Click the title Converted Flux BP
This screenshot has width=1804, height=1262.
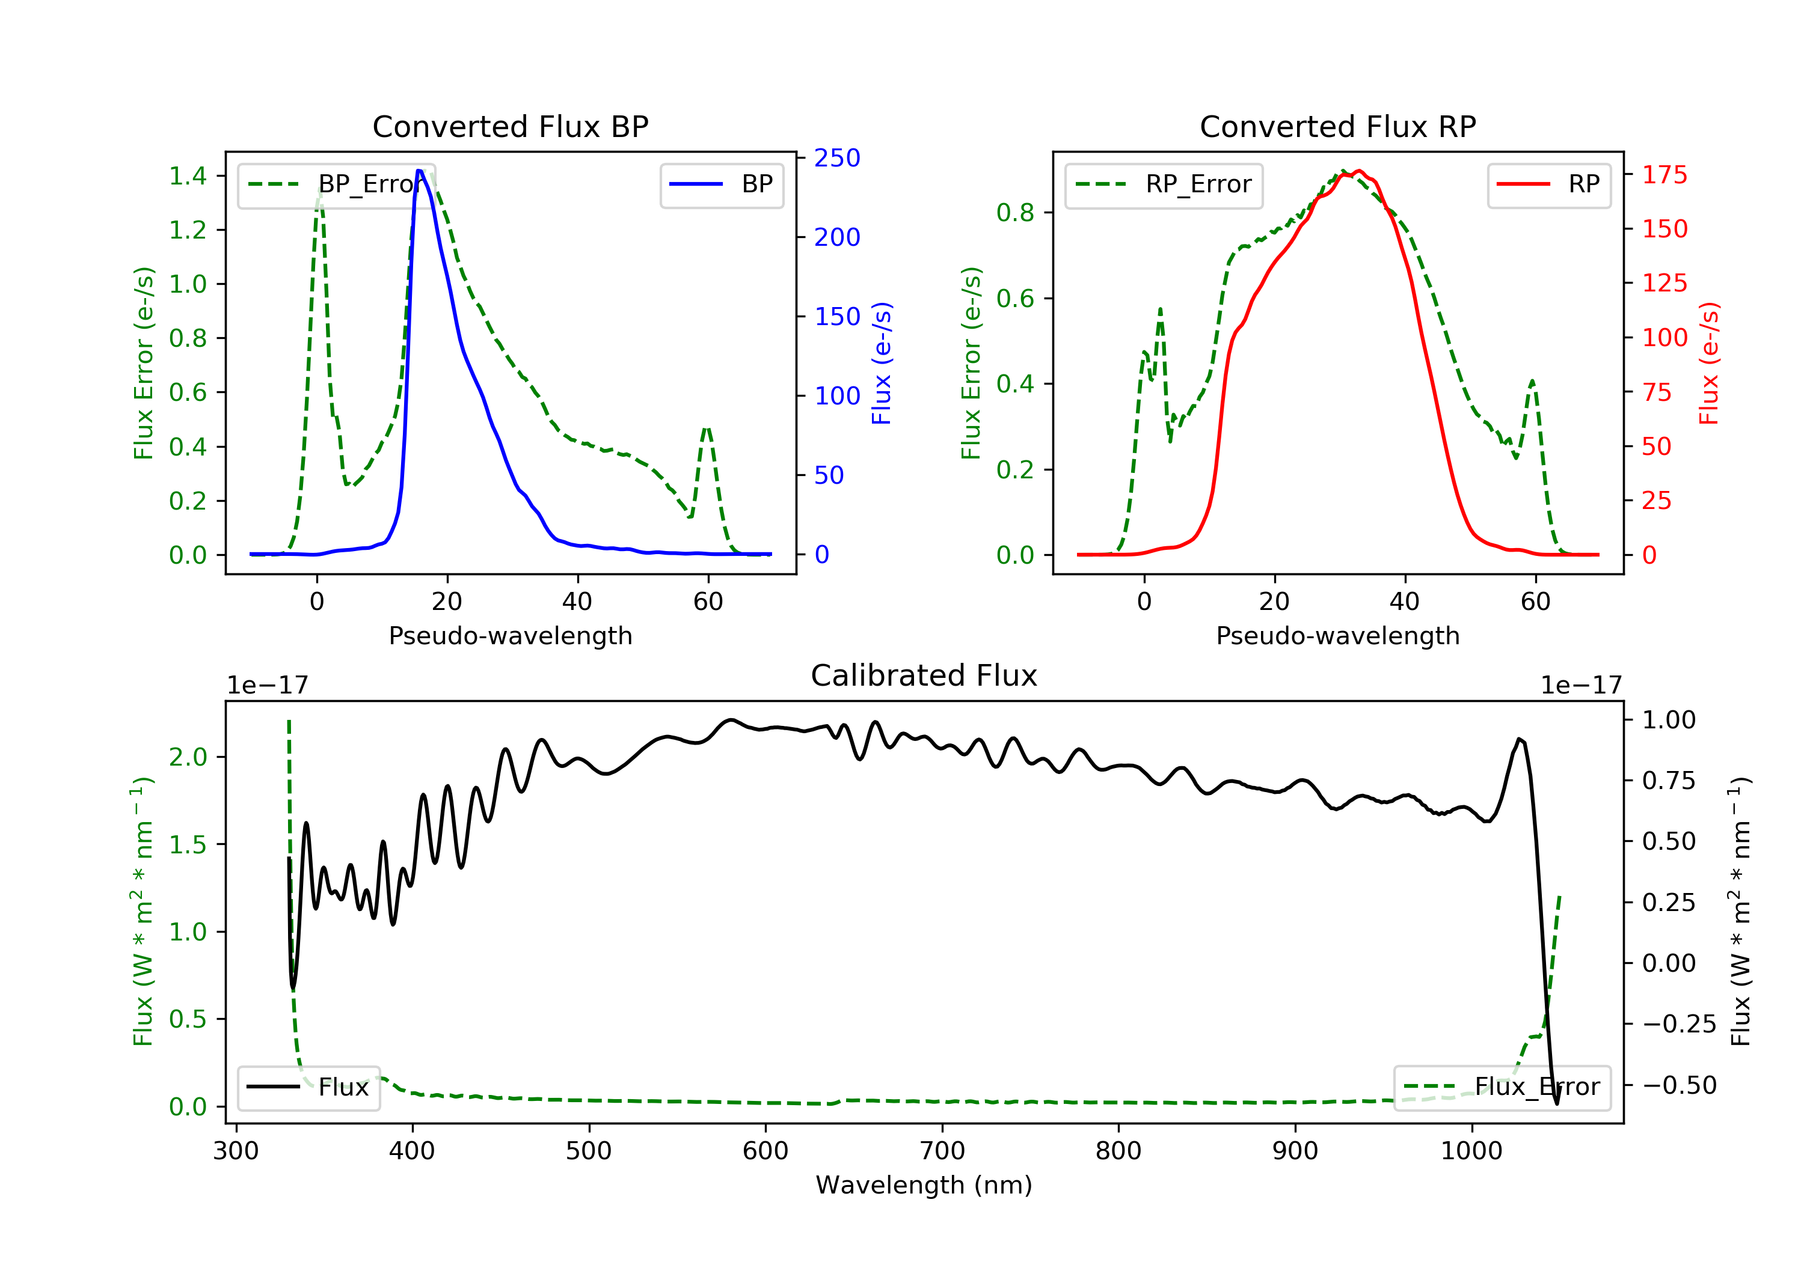tap(510, 126)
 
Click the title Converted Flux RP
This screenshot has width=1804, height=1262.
tap(1337, 126)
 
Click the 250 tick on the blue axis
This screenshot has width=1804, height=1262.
tap(837, 158)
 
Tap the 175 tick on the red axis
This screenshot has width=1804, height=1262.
tap(1664, 175)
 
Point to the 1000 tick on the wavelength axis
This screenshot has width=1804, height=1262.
tap(1471, 1151)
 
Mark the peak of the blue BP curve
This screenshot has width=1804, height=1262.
tap(420, 171)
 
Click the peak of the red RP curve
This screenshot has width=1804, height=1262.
tap(1358, 171)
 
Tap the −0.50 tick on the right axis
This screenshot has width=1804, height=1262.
tap(1679, 1085)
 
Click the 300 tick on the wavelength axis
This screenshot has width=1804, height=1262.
tap(236, 1151)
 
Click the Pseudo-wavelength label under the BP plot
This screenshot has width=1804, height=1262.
tap(510, 636)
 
